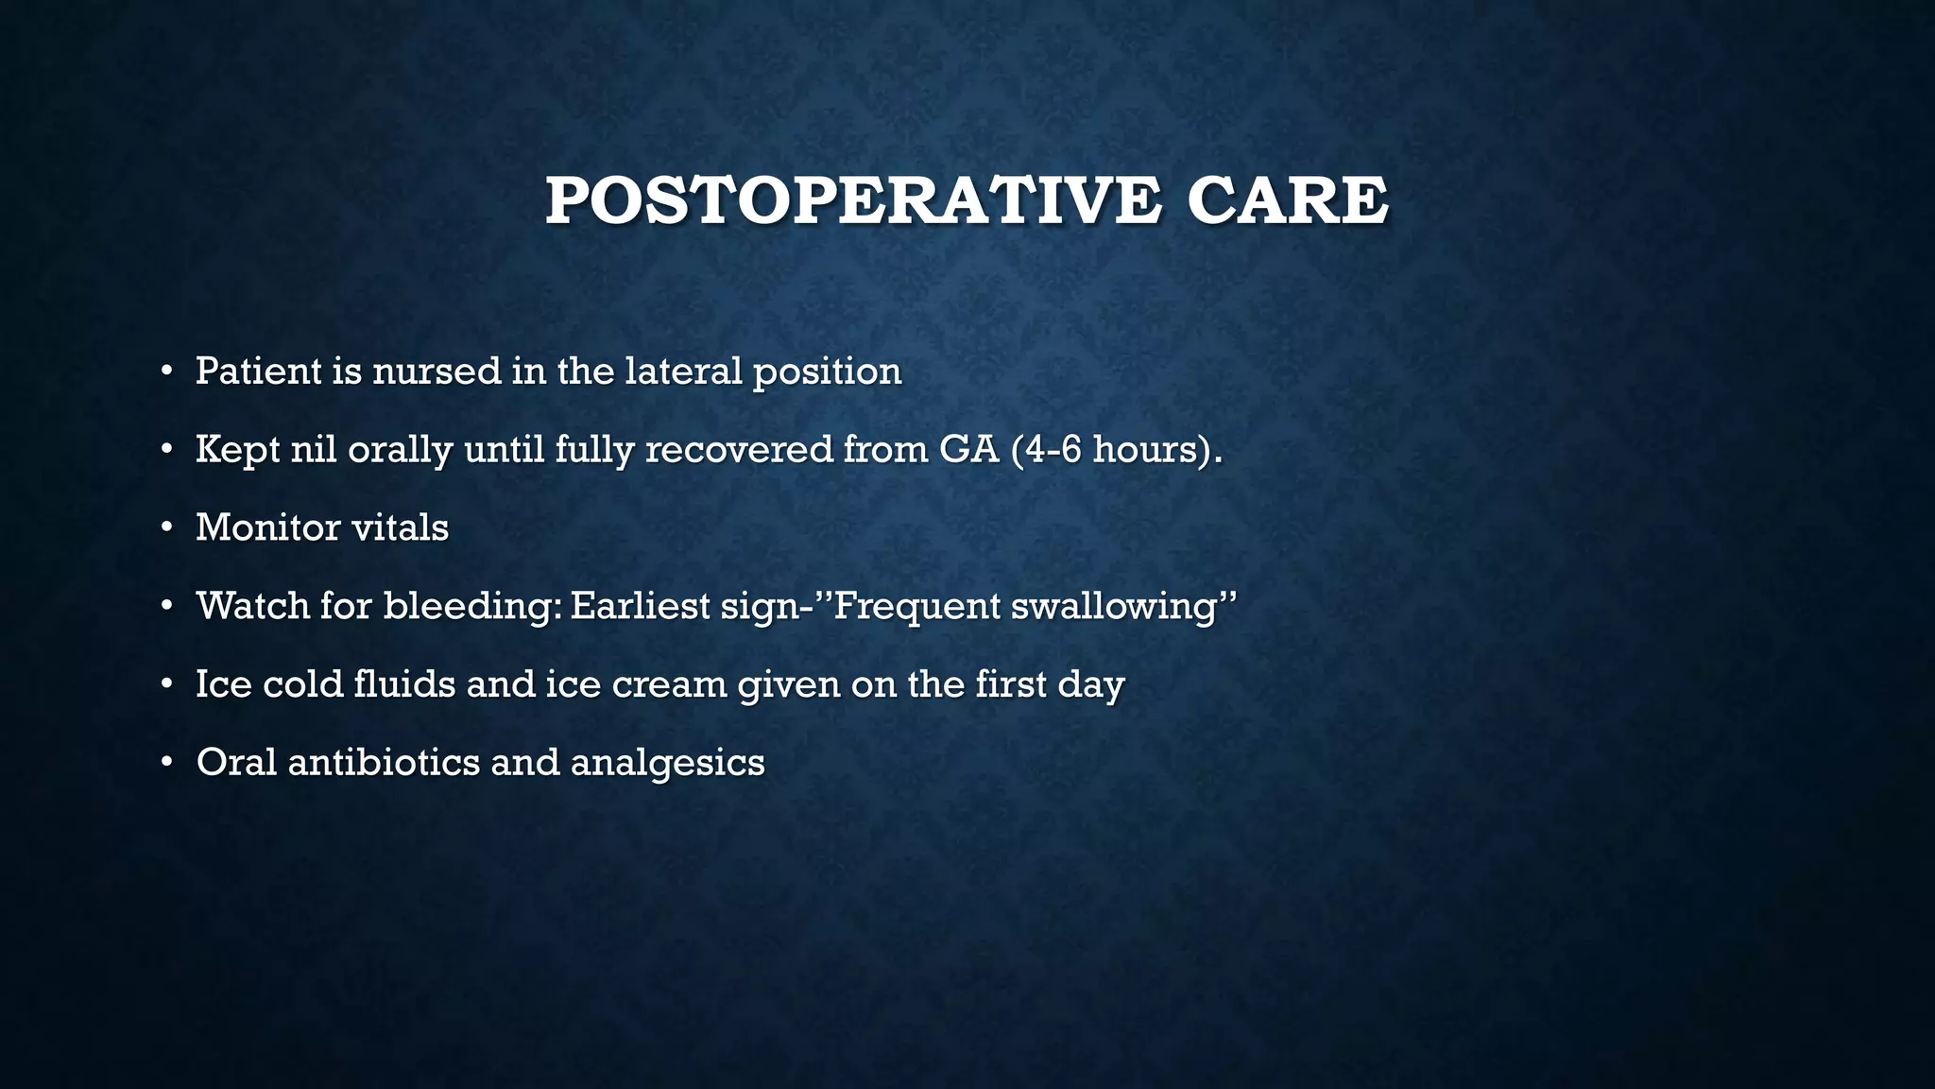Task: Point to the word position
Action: pyautogui.click(x=828, y=372)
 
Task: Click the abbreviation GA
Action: pyautogui.click(x=969, y=449)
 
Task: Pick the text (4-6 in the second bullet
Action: pyautogui.click(x=1046, y=449)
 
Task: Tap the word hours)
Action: pyautogui.click(x=1157, y=449)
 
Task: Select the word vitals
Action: pyautogui.click(x=401, y=527)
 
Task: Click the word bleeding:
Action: pyautogui.click(x=471, y=606)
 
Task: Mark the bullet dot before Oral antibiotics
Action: pyautogui.click(x=166, y=762)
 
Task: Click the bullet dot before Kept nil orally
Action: pyautogui.click(x=166, y=449)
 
